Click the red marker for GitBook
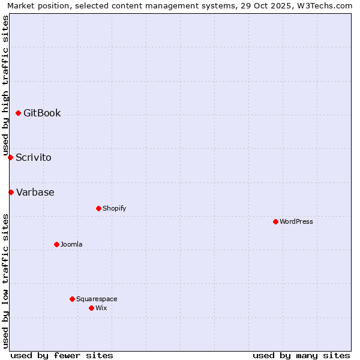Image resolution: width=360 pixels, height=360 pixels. coord(18,113)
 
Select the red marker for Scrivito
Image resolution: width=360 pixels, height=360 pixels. coord(10,157)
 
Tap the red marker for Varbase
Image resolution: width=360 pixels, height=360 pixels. coord(11,192)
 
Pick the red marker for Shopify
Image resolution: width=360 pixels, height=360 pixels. coord(98,208)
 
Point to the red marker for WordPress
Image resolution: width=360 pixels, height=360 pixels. coord(275,221)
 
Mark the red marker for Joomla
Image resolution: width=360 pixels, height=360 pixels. coord(56,244)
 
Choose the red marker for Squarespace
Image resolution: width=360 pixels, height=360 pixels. coord(72,299)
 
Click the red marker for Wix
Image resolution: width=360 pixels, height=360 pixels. coord(91,308)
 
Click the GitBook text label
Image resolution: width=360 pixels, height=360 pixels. coord(42,113)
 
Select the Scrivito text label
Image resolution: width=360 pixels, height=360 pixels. coord(34,158)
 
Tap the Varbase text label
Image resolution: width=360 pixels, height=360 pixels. coord(35,193)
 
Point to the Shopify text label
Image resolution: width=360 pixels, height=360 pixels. coord(115,208)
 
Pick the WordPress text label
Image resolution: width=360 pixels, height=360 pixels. coord(296,221)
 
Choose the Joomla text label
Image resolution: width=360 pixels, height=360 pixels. coord(71,244)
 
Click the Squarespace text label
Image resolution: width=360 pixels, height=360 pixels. coord(97,299)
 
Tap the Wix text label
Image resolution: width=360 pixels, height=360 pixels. coord(101,308)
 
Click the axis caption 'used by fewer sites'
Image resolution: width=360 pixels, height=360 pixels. coord(62,355)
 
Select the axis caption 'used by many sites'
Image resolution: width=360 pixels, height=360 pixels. coord(301,355)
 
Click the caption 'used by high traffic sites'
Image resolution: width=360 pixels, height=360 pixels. coord(5,85)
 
